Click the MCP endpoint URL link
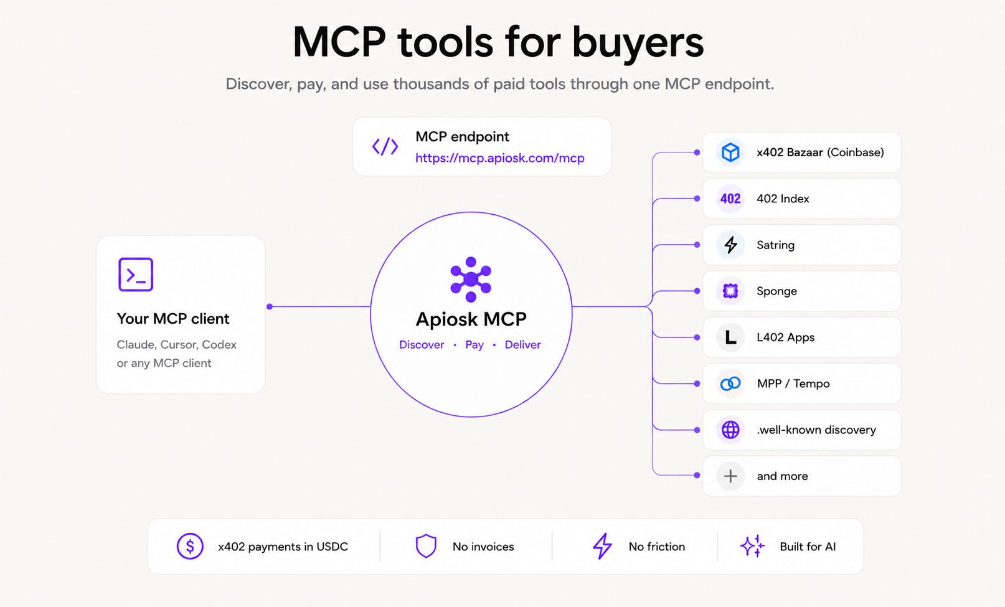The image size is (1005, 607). coord(500,158)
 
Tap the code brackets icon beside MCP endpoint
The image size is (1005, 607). coord(385,146)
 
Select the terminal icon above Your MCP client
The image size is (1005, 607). coord(136,275)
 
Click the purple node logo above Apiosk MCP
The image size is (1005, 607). coord(471,279)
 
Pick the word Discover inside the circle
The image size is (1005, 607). coord(422,344)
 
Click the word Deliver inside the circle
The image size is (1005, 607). coord(522,344)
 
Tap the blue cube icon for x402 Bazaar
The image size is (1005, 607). coord(730,152)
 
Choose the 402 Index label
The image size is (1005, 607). coord(783,199)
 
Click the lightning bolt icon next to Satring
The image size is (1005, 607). coord(731,245)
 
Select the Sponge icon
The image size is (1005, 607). coord(730,291)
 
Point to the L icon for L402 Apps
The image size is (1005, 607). coord(730,337)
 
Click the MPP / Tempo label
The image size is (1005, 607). coord(793,383)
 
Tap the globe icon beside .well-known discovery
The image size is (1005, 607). coord(730,430)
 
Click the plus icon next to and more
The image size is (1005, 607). coord(730,476)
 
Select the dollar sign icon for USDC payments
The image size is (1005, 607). coord(190,547)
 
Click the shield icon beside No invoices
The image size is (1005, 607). coord(426,546)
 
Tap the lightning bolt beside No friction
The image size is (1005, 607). coord(602,546)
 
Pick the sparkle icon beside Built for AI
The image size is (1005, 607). coord(752,546)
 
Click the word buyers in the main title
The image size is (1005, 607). coord(638,43)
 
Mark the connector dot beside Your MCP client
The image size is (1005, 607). coord(270,307)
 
